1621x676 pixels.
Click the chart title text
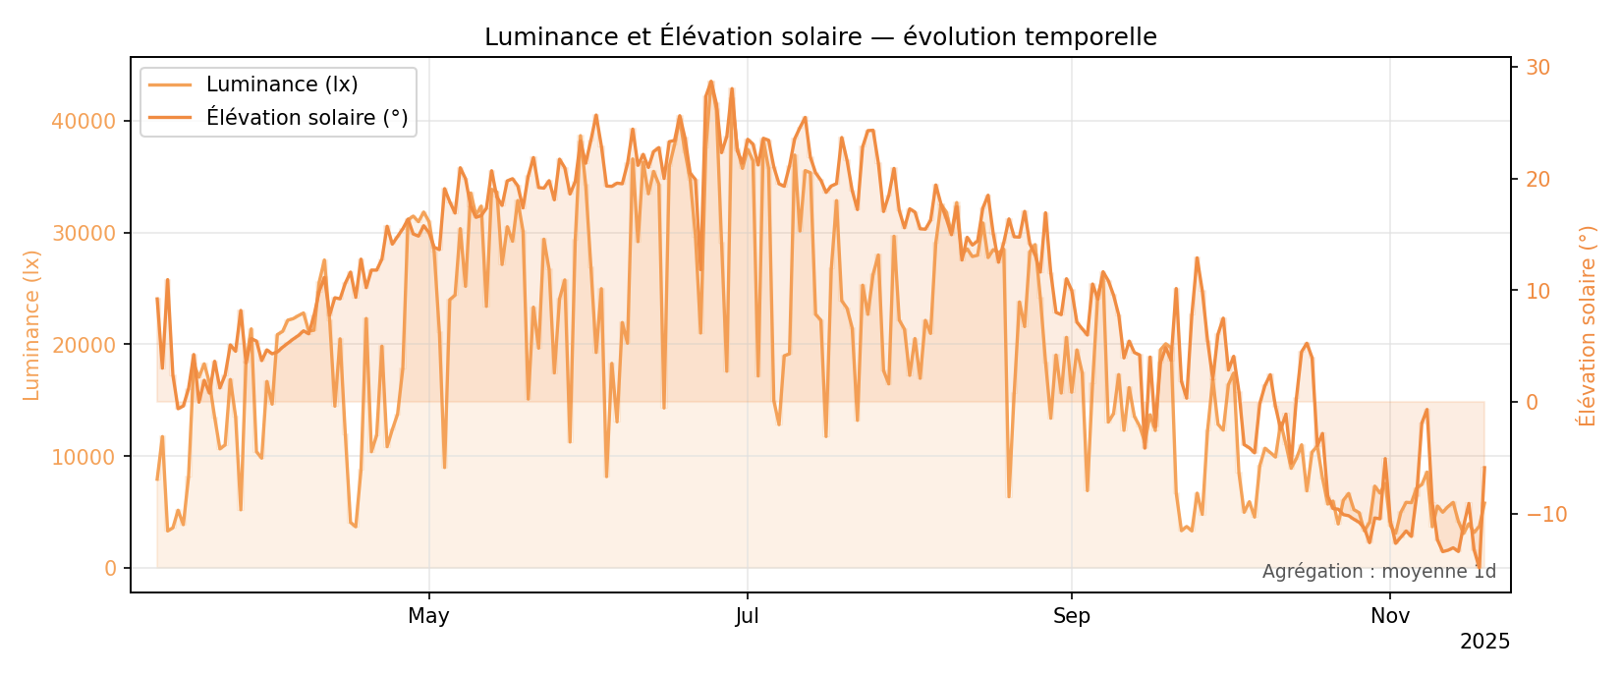820,37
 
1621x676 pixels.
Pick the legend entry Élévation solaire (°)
307,118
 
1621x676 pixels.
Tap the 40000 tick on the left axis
84,122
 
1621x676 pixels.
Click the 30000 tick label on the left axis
84,234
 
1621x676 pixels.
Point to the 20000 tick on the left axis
84,345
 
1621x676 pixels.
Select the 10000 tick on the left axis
84,457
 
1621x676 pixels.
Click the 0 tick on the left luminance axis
110,569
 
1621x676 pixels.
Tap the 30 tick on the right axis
1537,68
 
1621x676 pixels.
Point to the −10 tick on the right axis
1545,515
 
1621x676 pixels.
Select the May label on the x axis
428,617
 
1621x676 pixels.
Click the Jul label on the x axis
748,617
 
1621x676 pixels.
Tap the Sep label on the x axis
1072,617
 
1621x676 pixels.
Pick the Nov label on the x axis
1390,617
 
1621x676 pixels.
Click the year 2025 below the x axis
1484,643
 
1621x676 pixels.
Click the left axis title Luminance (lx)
32,325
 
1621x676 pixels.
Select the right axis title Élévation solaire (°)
1587,325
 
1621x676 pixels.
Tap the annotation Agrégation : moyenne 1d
1378,572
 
